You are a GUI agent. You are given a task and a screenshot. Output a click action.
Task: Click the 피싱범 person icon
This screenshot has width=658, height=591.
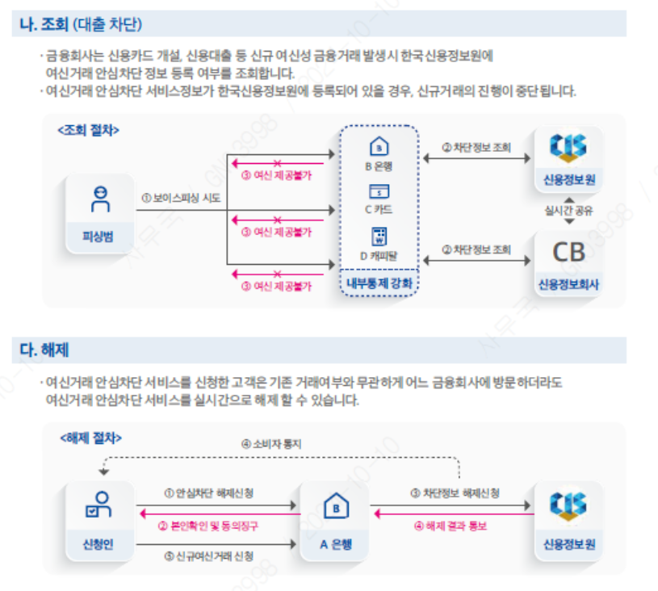(x=99, y=199)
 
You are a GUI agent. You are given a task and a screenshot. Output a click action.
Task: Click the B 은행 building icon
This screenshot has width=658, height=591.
(x=379, y=148)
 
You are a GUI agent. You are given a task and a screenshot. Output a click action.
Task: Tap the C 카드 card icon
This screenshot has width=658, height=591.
(x=379, y=191)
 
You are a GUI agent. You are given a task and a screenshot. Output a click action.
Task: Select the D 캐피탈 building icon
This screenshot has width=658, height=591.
(x=379, y=236)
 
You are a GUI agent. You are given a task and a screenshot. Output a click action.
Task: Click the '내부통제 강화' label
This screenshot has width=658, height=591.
(x=379, y=283)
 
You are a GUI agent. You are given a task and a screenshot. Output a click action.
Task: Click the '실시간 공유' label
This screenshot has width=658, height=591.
(x=568, y=210)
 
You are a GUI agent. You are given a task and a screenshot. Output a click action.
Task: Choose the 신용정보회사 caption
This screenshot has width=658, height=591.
(x=568, y=284)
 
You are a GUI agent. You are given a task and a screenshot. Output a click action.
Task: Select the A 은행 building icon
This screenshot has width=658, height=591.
(x=334, y=508)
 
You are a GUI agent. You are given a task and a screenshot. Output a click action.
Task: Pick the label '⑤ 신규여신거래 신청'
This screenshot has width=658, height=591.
(x=208, y=555)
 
